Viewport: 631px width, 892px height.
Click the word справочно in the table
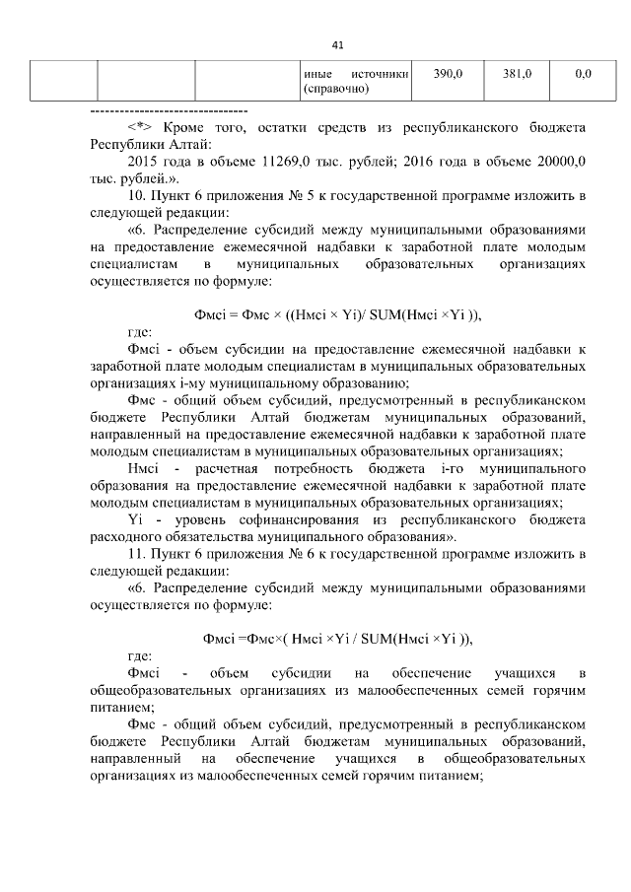coord(337,89)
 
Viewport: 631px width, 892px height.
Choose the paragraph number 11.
coord(137,556)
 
